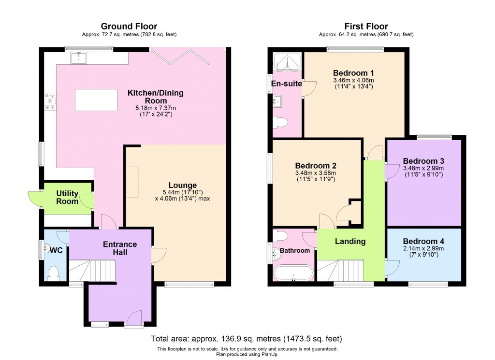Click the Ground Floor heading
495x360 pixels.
pyautogui.click(x=129, y=26)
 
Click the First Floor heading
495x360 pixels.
pyautogui.click(x=366, y=26)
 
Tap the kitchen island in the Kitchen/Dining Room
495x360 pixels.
pyautogui.click(x=96, y=100)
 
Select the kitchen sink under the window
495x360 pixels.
pyautogui.click(x=78, y=58)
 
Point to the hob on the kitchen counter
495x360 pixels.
pyautogui.click(x=49, y=101)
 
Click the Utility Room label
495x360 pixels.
pyautogui.click(x=67, y=197)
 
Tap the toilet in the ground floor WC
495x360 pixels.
pyautogui.click(x=54, y=273)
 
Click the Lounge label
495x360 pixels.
pyautogui.click(x=182, y=185)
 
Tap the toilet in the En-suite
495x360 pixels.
pyautogui.click(x=281, y=122)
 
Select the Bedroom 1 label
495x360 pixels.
pyautogui.click(x=353, y=73)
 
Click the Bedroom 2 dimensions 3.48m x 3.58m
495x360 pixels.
pyautogui.click(x=315, y=173)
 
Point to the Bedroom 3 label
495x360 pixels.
pyautogui.click(x=423, y=160)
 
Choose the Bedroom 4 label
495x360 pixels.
pyautogui.click(x=423, y=241)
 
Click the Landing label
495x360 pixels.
pyautogui.click(x=350, y=241)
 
